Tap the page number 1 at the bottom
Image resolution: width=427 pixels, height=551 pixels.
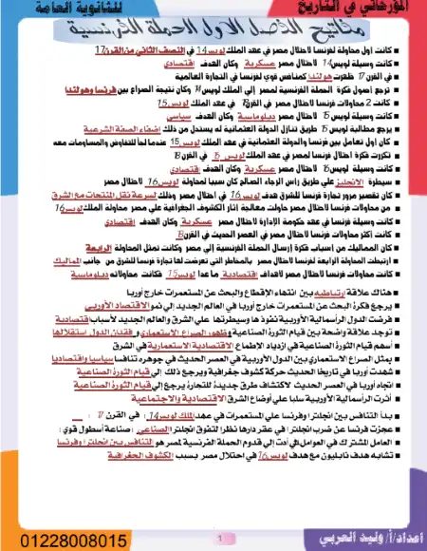click(219, 535)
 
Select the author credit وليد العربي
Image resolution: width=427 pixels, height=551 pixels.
click(361, 538)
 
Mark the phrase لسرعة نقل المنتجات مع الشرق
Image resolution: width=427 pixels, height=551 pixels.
click(67, 218)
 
